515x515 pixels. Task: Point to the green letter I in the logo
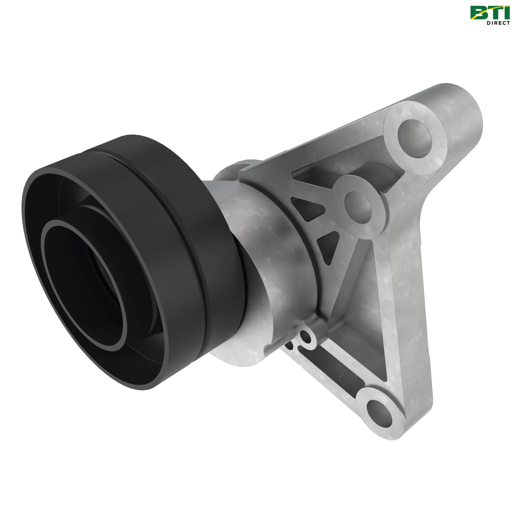(505, 13)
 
